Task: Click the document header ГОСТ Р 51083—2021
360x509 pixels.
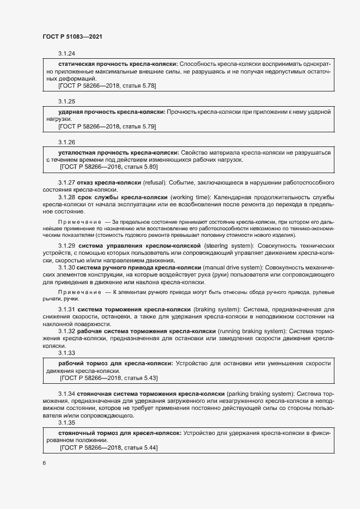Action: click(72, 36)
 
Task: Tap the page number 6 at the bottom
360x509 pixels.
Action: click(44, 463)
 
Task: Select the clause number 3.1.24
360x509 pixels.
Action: click(66, 53)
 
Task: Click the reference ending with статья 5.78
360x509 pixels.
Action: click(107, 85)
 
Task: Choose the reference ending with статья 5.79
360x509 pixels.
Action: click(107, 126)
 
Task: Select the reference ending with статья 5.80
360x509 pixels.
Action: click(107, 167)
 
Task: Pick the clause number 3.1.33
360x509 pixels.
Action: click(66, 353)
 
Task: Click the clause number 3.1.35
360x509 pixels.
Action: click(66, 422)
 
